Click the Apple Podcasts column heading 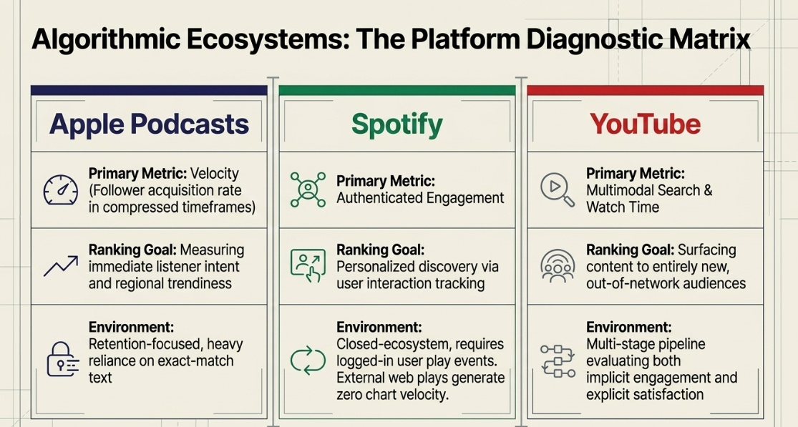pyautogui.click(x=149, y=124)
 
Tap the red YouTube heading pyautogui.click(x=645, y=124)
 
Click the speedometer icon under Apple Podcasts pyautogui.click(x=61, y=190)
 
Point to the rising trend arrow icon pyautogui.click(x=61, y=266)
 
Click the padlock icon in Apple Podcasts pyautogui.click(x=62, y=359)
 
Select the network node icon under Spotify pyautogui.click(x=308, y=190)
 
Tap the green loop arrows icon pyautogui.click(x=308, y=360)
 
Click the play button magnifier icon pyautogui.click(x=558, y=190)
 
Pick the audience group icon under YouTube pyautogui.click(x=558, y=266)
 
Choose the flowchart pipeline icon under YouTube pyautogui.click(x=558, y=360)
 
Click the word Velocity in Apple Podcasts pyautogui.click(x=214, y=173)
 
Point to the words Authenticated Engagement pyautogui.click(x=420, y=197)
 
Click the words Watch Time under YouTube pyautogui.click(x=623, y=207)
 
